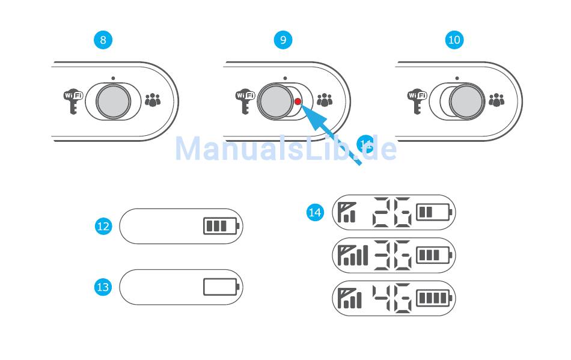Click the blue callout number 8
103,40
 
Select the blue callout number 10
454,40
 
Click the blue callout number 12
103,227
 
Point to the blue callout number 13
103,287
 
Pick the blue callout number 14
315,212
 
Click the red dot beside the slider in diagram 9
298,102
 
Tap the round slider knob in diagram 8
112,100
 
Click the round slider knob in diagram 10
467,100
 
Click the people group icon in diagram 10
496,100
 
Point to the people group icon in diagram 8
153,100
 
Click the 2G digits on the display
392,212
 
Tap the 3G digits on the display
392,255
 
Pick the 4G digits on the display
392,298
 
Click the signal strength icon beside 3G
353,255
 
